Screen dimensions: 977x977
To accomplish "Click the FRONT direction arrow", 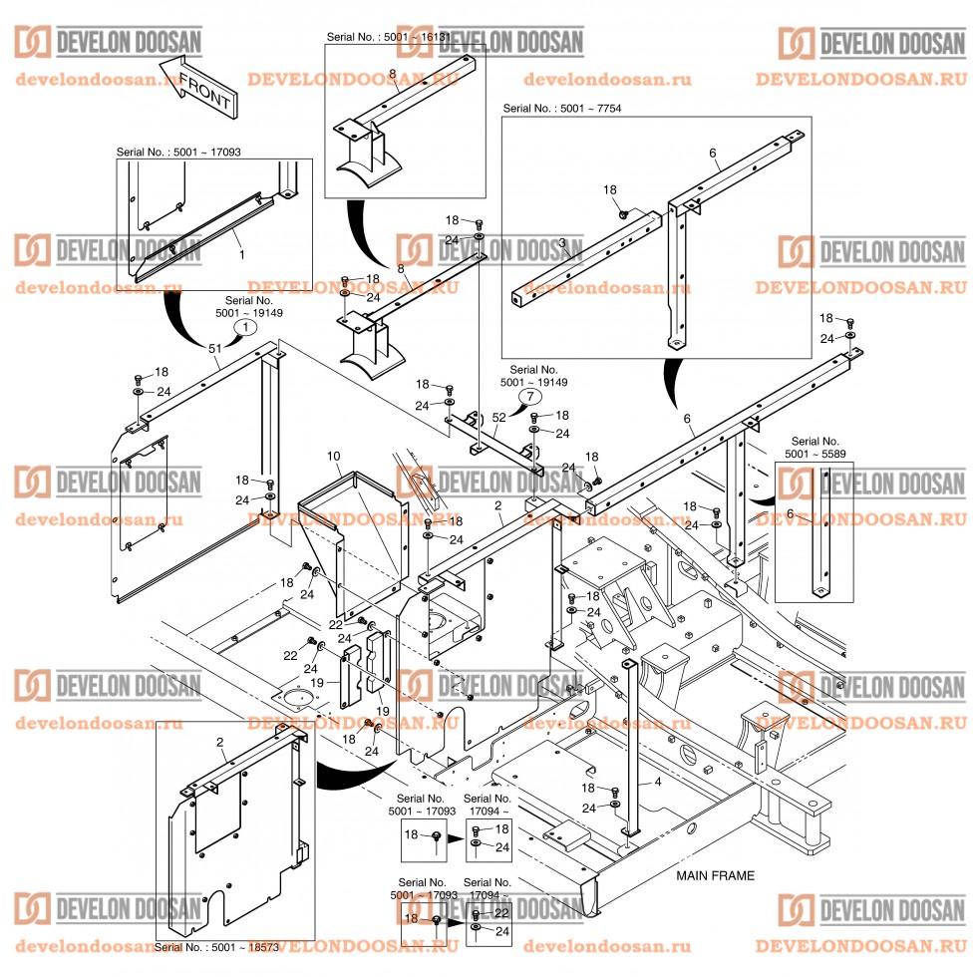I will (199, 91).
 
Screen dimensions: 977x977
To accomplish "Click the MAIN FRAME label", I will (715, 876).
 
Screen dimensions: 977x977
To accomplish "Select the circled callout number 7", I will (525, 397).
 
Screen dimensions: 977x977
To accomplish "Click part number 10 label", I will (334, 456).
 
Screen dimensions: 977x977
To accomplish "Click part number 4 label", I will (657, 783).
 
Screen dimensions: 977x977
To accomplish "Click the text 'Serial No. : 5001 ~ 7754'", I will (562, 108).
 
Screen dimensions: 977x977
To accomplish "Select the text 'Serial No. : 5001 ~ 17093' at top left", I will (178, 152).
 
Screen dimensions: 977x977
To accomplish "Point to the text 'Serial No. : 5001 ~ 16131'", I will (389, 37).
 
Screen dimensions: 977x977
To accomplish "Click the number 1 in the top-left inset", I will (240, 255).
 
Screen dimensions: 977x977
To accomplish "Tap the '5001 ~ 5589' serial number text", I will (815, 454).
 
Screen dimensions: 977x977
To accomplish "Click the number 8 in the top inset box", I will (393, 74).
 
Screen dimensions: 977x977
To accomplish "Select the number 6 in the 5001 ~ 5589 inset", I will (792, 512).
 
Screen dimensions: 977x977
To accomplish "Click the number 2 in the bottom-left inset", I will (219, 743).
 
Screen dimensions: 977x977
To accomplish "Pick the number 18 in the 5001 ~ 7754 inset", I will (610, 188).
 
